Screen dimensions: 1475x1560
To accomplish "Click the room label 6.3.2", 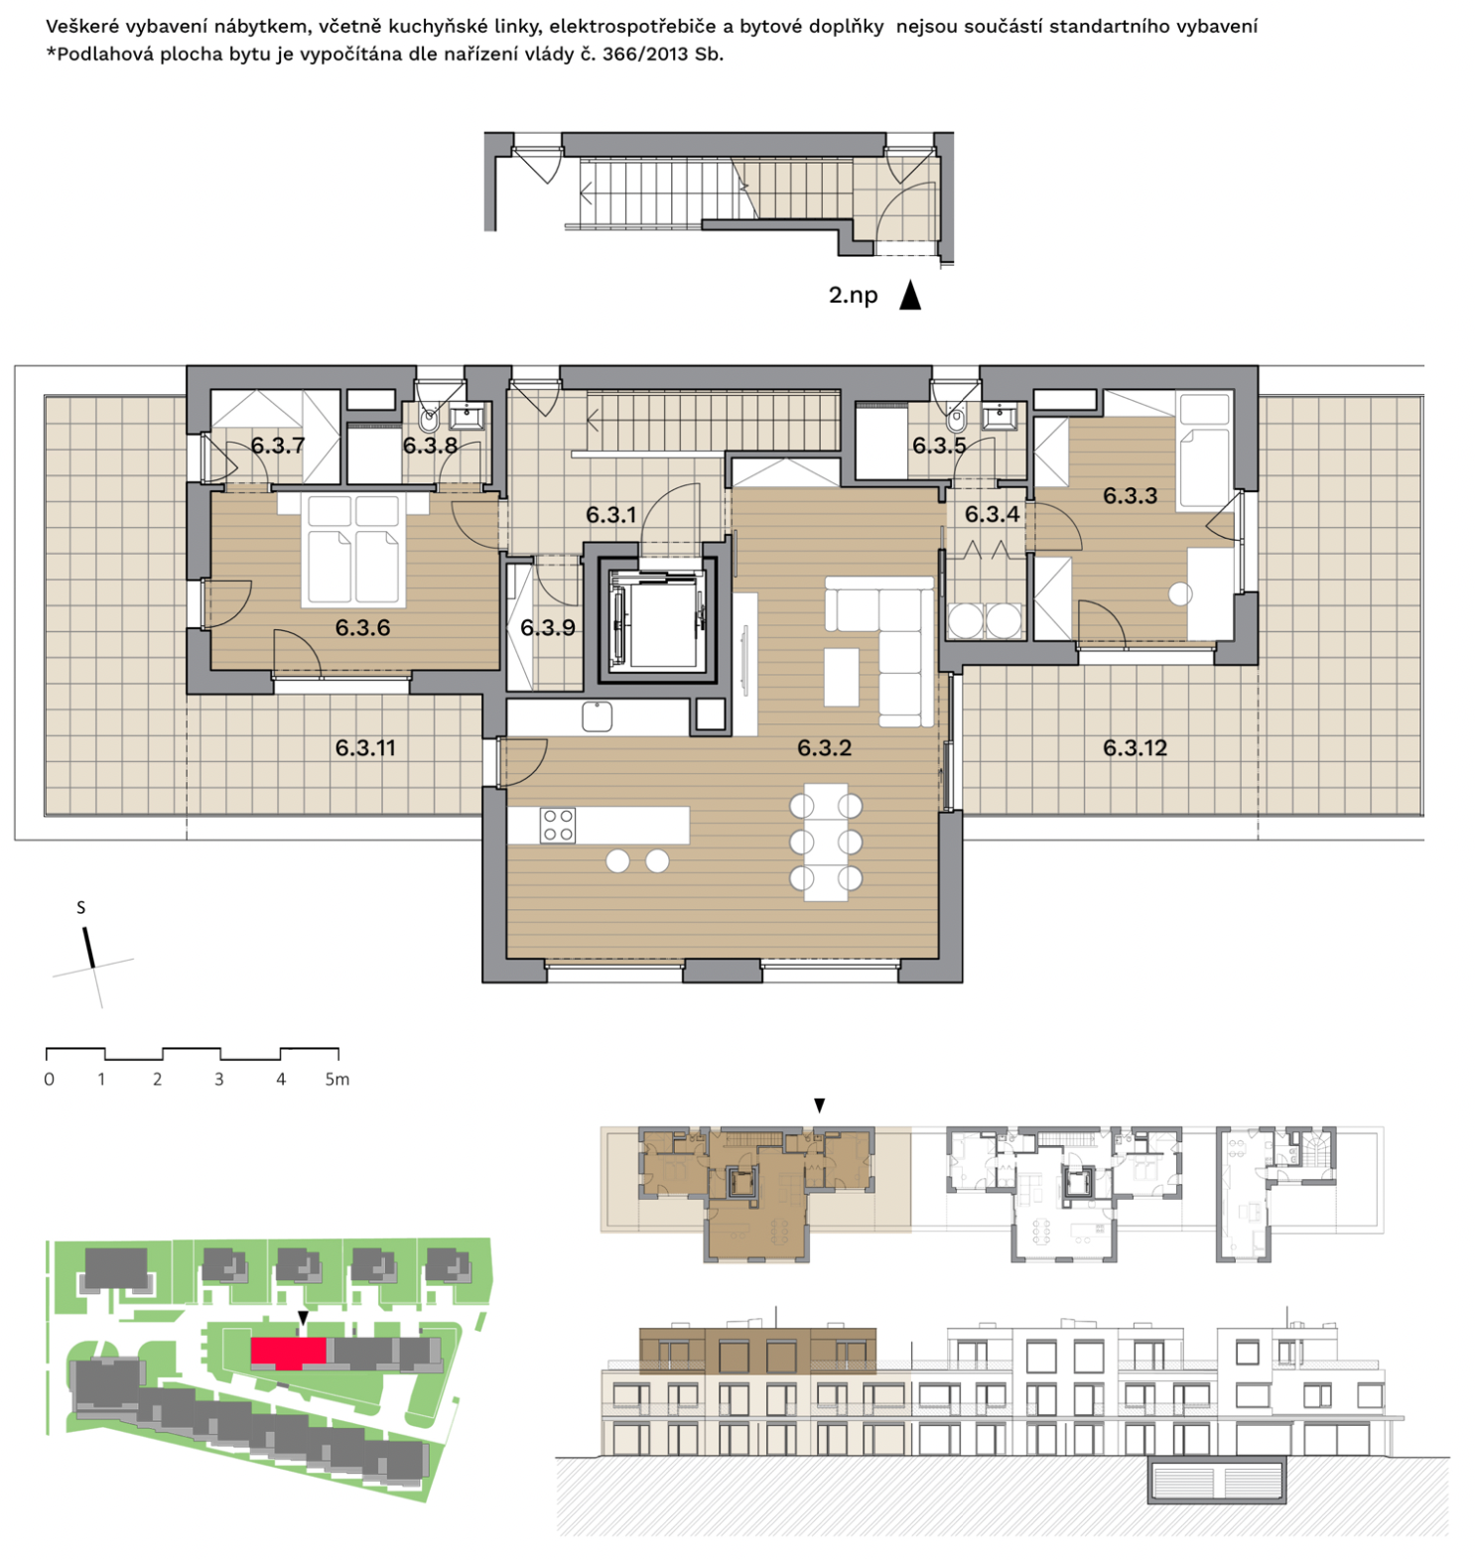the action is point(824,747).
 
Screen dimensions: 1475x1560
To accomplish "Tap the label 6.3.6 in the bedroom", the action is point(362,627).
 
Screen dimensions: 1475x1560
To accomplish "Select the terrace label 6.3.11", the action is point(365,748).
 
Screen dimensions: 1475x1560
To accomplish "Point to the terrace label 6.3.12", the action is point(1135,748).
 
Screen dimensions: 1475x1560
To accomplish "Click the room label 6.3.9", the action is point(548,627).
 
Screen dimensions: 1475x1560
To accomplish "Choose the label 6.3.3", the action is point(1130,495).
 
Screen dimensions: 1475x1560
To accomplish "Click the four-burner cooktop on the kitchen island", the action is point(558,826).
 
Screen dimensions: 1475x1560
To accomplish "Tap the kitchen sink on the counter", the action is point(597,715).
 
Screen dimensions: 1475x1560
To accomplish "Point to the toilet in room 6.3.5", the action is point(956,418).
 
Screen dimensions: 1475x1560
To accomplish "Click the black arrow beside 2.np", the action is point(909,295).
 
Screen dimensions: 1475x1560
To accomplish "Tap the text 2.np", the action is point(854,296).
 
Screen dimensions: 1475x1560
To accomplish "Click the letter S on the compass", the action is point(81,907).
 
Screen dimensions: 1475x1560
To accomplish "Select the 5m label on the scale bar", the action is point(337,1079).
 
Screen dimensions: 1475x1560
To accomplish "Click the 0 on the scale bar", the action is point(50,1079).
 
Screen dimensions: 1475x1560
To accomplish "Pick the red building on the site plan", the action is point(289,1351).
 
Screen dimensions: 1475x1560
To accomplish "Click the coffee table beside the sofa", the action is point(841,677).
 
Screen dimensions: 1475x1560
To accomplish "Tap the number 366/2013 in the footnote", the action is point(645,55).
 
